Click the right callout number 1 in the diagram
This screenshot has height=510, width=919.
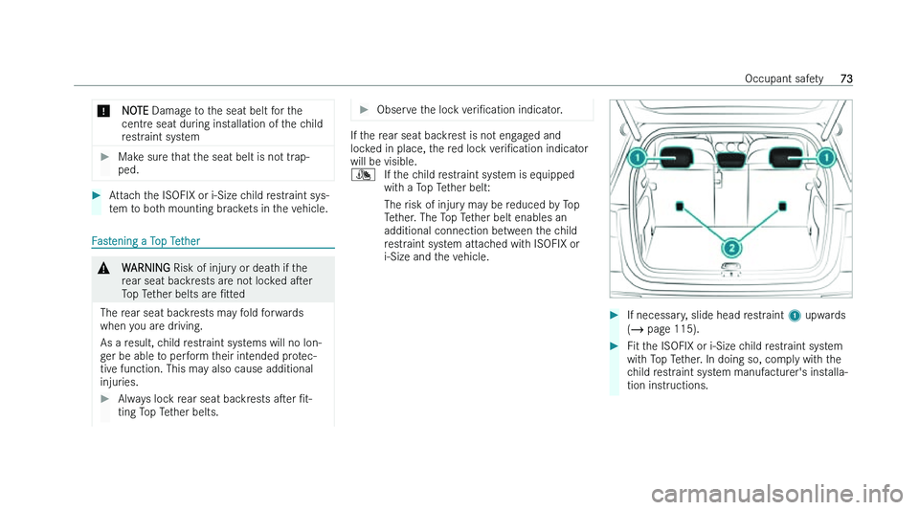tap(824, 157)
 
